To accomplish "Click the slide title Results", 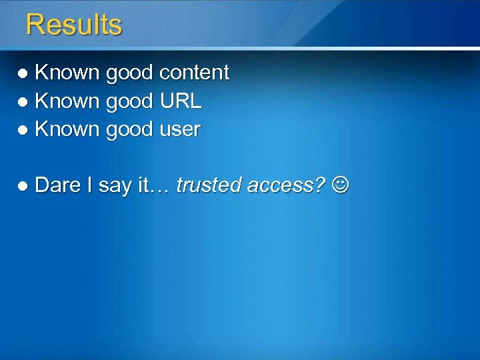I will pos(74,25).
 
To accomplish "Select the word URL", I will pos(181,101).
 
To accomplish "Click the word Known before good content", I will pos(67,72).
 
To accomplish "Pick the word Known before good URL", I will pos(67,101).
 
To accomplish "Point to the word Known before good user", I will pos(67,129).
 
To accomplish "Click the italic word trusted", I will pos(209,186).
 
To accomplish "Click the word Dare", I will pos(57,185).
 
